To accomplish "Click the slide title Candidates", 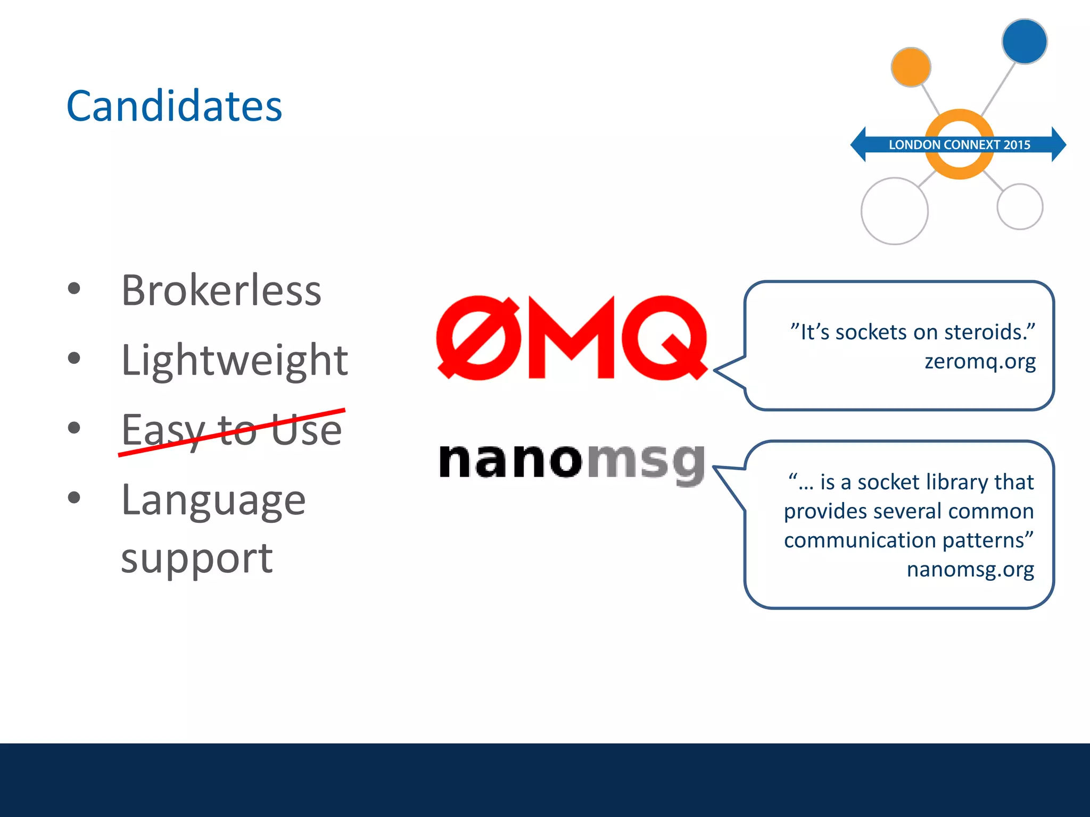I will click(174, 106).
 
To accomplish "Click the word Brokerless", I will click(221, 290).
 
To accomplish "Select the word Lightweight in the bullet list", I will click(234, 360).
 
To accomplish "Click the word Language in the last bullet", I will click(213, 500).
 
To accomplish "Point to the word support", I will click(196, 558).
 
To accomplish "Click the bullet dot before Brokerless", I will click(75, 288).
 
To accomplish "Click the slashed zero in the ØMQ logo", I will click(478, 338).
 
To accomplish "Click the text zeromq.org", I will click(980, 361).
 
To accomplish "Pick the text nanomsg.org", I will click(970, 569).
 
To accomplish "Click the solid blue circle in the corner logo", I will click(1024, 41).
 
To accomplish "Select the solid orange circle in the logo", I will click(911, 67).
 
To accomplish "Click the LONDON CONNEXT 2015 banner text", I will click(959, 145).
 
